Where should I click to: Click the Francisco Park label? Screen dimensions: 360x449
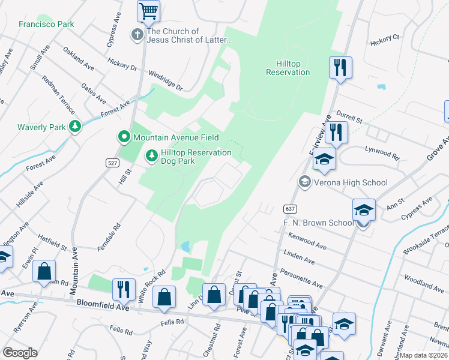click(x=46, y=24)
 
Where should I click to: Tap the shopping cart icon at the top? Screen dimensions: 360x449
click(x=148, y=10)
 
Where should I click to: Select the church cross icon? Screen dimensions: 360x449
click(x=137, y=35)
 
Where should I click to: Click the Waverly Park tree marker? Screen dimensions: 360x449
click(x=74, y=126)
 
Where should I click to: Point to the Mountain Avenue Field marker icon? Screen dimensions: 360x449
click(x=124, y=137)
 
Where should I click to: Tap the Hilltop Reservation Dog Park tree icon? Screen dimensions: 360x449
click(x=152, y=156)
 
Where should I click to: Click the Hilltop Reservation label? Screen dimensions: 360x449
click(x=288, y=68)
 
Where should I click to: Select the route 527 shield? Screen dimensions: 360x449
click(x=110, y=163)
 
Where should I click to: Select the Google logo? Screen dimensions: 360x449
click(x=20, y=353)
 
